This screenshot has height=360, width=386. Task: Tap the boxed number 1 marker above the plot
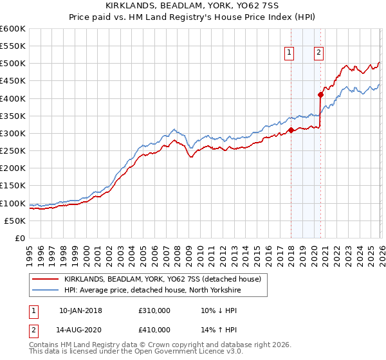289,53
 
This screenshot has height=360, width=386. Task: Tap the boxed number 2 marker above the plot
319,53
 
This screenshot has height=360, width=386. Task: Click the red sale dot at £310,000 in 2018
291,130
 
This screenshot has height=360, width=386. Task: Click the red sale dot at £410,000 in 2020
320,95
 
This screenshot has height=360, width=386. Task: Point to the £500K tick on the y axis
13,64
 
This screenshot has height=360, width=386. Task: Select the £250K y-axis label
13,151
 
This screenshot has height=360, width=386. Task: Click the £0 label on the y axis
20,239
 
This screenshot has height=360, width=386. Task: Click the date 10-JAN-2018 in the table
80,310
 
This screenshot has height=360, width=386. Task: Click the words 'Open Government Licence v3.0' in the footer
185,353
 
